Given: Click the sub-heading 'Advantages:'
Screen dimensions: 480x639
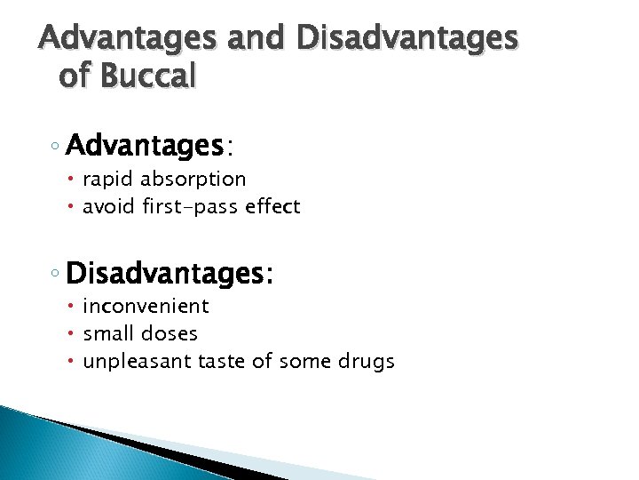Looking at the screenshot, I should [x=150, y=144].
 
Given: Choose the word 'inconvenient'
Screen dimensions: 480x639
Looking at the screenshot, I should [x=146, y=307].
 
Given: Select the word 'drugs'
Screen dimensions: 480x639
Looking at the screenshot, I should [x=367, y=362].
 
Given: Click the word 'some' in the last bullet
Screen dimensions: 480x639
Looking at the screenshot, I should [x=302, y=362].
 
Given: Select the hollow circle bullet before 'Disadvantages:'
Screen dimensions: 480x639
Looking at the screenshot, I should [x=55, y=272].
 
